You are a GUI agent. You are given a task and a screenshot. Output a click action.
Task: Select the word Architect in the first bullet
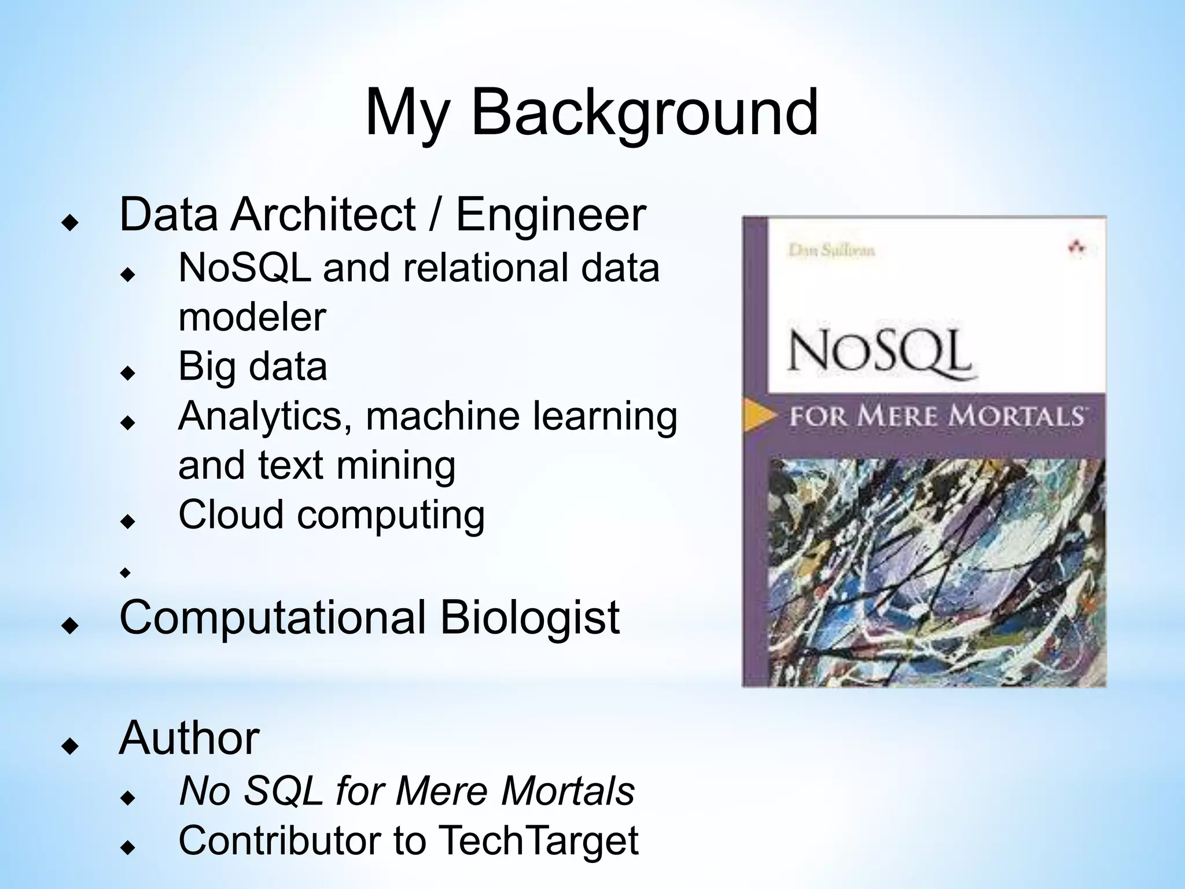pos(323,215)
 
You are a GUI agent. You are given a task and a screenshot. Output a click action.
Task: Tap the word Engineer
pos(550,215)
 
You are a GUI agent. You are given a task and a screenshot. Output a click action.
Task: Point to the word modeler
pos(252,317)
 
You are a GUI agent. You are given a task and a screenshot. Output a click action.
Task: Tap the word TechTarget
pos(538,840)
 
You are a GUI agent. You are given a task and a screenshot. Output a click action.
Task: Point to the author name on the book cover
pos(831,250)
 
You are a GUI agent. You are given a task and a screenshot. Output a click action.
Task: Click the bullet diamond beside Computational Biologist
pos(70,626)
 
